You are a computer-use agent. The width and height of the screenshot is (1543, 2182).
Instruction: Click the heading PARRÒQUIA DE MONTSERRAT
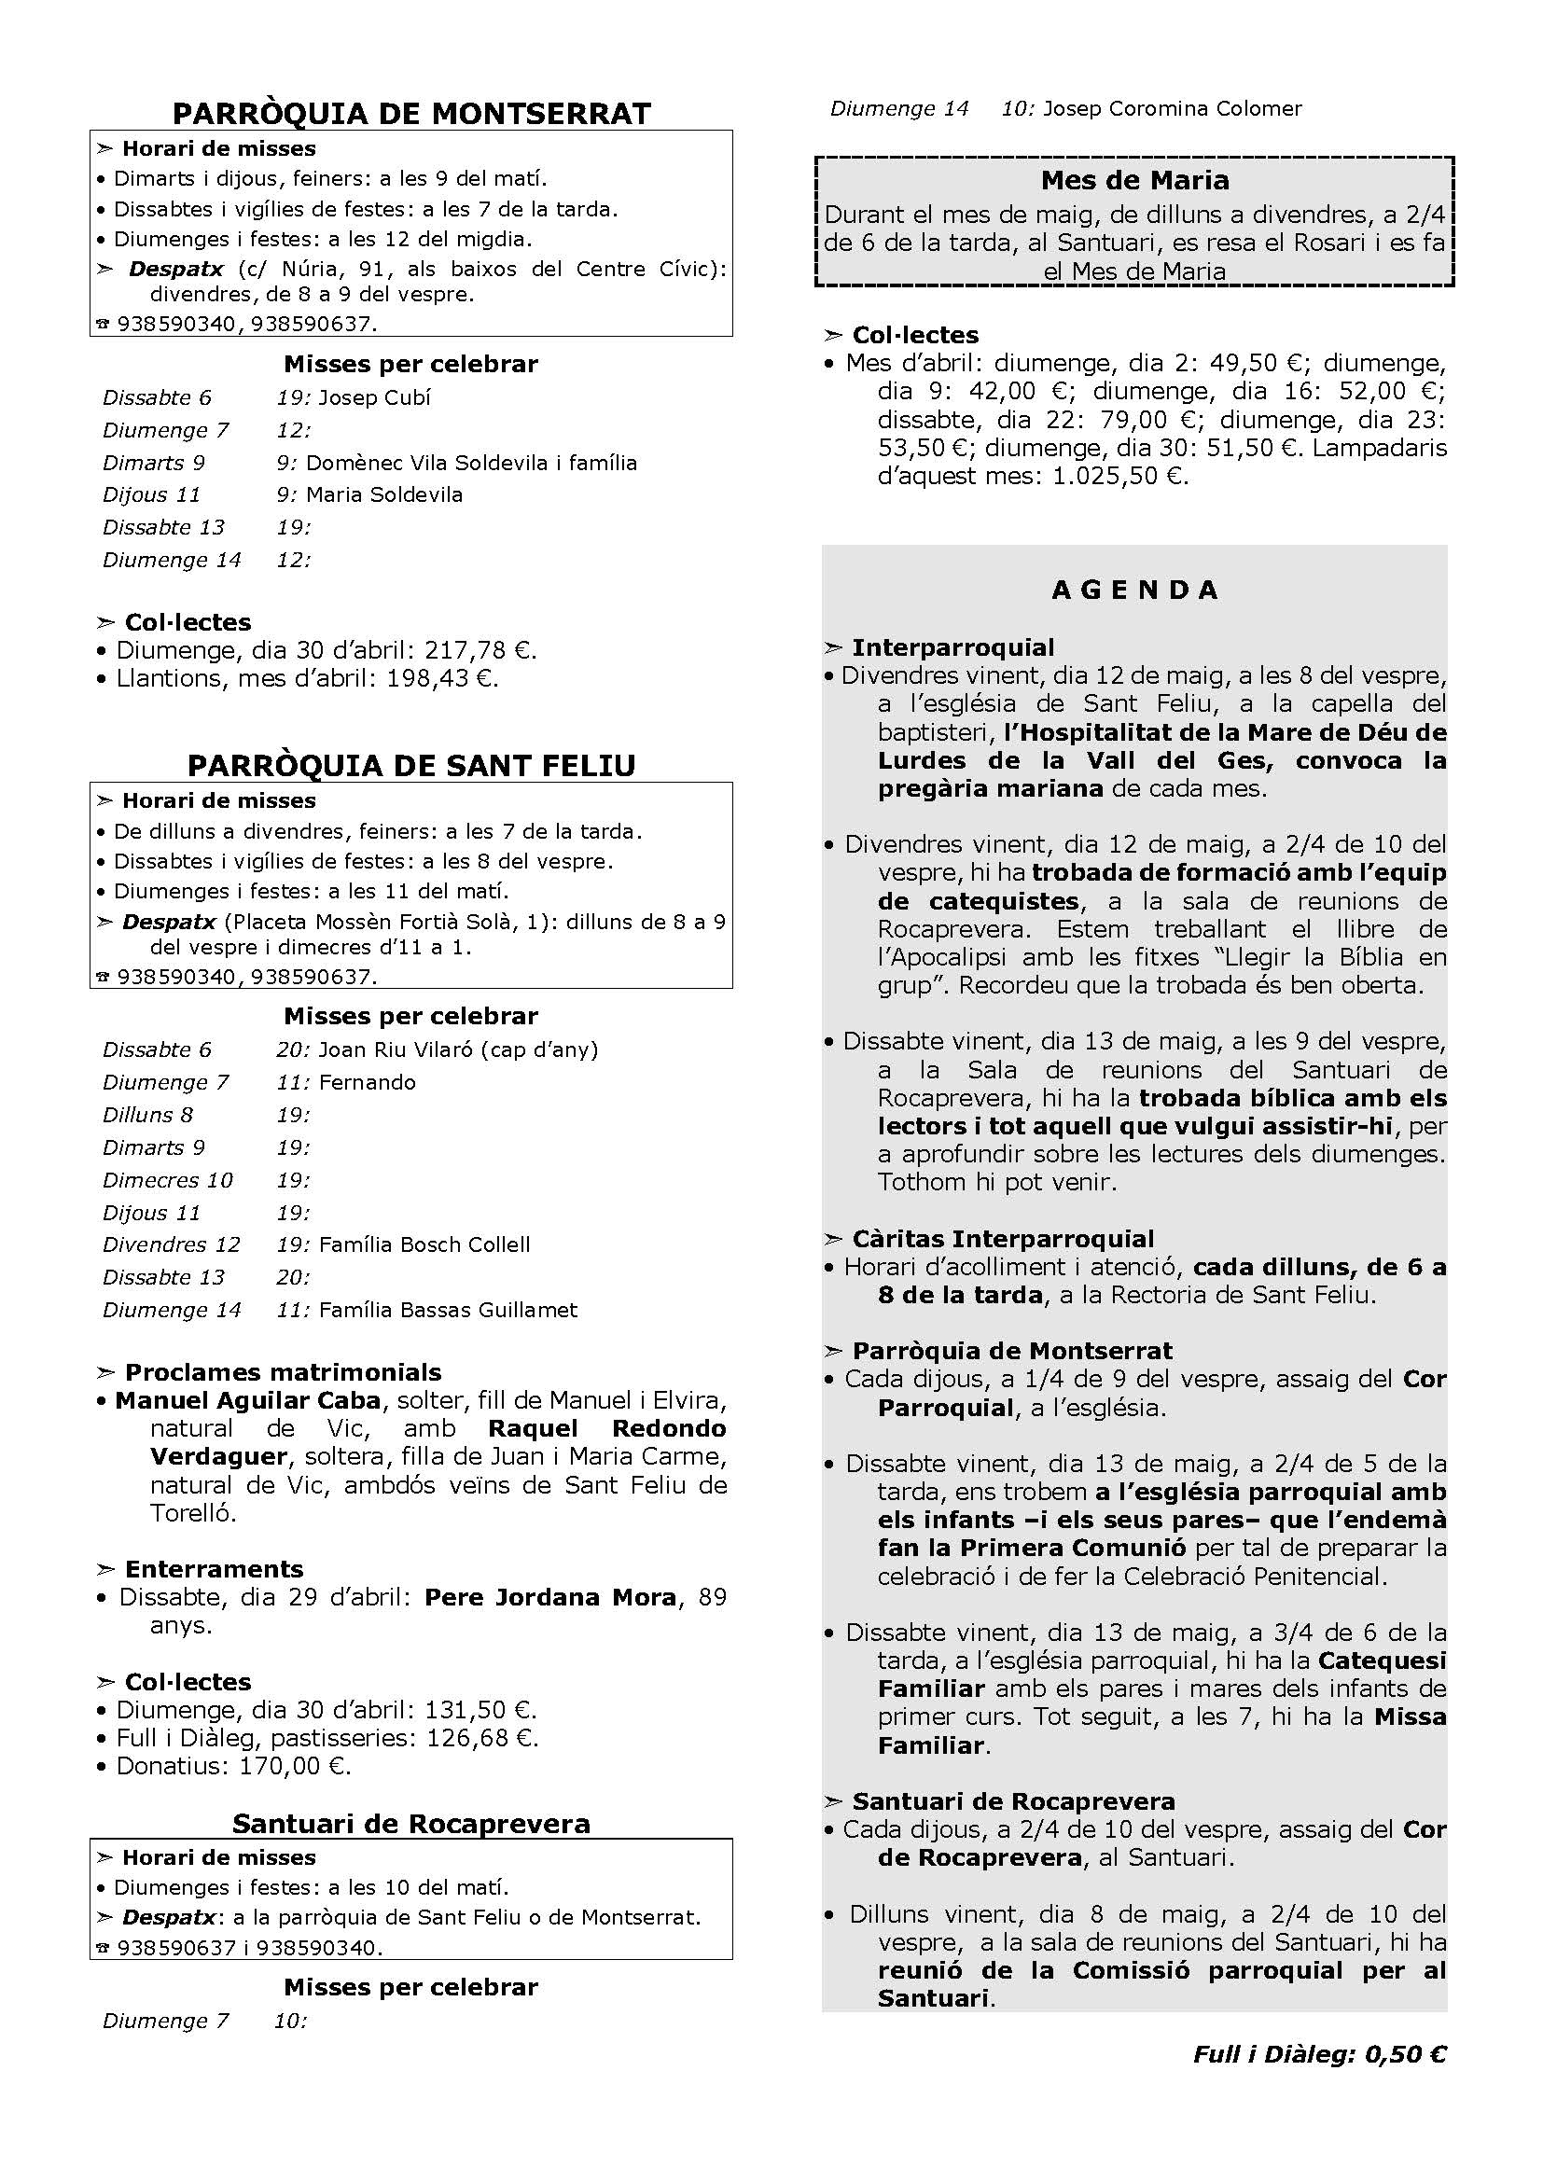(x=411, y=114)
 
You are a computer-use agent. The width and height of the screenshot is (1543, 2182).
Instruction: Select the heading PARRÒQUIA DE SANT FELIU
(x=411, y=766)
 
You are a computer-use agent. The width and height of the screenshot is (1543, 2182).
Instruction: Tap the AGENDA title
(x=1134, y=591)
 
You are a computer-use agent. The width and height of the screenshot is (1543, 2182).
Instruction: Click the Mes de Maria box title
(x=1134, y=181)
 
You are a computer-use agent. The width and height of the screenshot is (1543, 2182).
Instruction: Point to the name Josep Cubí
(x=374, y=397)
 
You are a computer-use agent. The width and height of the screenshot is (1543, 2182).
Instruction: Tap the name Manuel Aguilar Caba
(x=248, y=1401)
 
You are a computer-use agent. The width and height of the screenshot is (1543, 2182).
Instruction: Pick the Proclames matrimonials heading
(x=284, y=1372)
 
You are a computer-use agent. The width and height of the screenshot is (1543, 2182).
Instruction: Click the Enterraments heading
(x=214, y=1569)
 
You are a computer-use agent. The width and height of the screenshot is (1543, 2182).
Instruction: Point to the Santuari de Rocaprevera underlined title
(x=411, y=1824)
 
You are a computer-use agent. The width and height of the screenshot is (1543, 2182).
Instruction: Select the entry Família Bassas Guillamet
(x=449, y=1310)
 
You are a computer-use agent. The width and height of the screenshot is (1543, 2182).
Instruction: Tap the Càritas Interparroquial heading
(x=1002, y=1239)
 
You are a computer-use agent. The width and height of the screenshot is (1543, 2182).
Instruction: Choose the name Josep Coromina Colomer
(x=1173, y=108)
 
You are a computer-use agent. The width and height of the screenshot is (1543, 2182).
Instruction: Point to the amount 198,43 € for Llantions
(x=442, y=678)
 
